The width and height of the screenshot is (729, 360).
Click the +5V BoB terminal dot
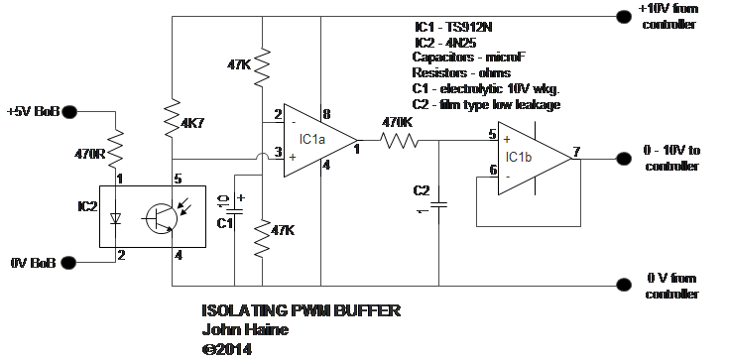[69, 112]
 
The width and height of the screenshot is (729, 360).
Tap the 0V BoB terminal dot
[68, 263]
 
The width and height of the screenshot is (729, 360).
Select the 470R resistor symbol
[116, 150]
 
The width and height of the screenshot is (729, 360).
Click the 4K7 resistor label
[193, 124]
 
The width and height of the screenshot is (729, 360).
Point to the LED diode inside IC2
[115, 217]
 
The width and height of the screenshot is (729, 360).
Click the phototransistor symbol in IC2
[161, 217]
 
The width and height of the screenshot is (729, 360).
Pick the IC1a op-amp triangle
[320, 141]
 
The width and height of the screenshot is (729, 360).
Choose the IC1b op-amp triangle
[535, 158]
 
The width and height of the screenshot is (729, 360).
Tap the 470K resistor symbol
[399, 140]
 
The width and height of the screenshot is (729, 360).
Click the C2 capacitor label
[422, 190]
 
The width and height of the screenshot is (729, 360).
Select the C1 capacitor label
[225, 224]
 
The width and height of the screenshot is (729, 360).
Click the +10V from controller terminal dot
[624, 17]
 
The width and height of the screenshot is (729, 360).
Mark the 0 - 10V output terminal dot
[624, 159]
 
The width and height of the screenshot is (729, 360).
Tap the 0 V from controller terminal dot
[624, 285]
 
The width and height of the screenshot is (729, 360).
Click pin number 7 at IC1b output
[576, 152]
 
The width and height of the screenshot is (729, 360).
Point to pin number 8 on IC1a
[326, 114]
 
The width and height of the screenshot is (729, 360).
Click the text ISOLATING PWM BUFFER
[301, 310]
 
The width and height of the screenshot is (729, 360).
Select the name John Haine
[245, 329]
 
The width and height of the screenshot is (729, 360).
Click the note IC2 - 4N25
[445, 43]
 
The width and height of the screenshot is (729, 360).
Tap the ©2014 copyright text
[227, 349]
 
